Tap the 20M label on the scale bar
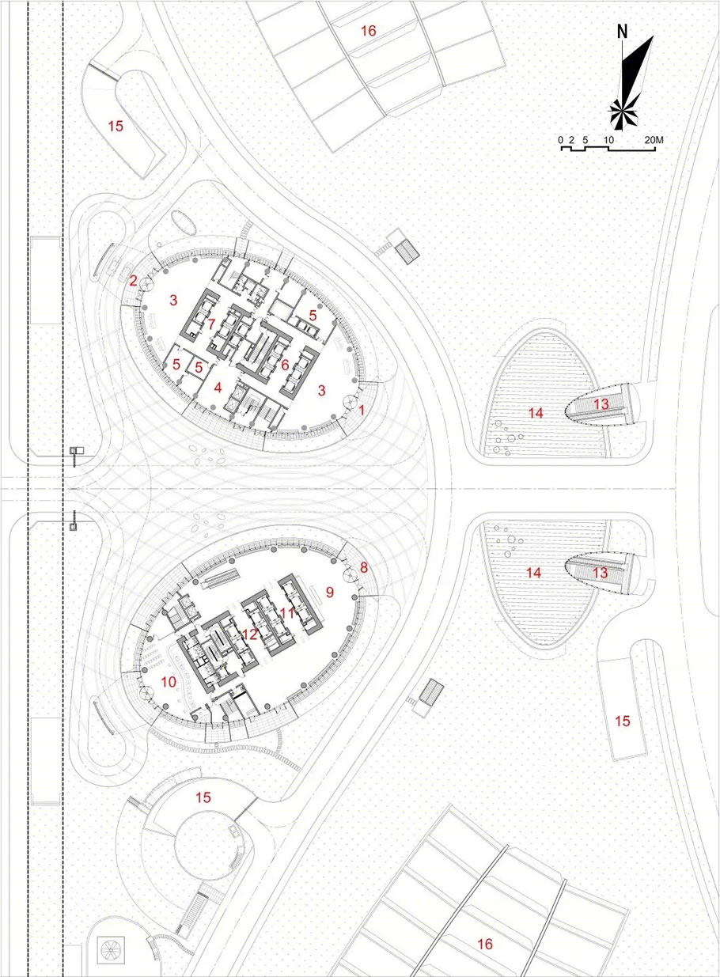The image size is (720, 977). pyautogui.click(x=654, y=141)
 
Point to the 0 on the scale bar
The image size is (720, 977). pyautogui.click(x=560, y=141)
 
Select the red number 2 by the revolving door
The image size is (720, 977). pyautogui.click(x=133, y=282)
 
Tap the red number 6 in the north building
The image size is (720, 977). pyautogui.click(x=285, y=365)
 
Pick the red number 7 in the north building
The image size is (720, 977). pyautogui.click(x=212, y=324)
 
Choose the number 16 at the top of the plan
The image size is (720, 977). pyautogui.click(x=369, y=31)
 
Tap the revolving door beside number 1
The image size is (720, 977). pyautogui.click(x=351, y=402)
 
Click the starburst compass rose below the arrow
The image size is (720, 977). pyautogui.click(x=623, y=114)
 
